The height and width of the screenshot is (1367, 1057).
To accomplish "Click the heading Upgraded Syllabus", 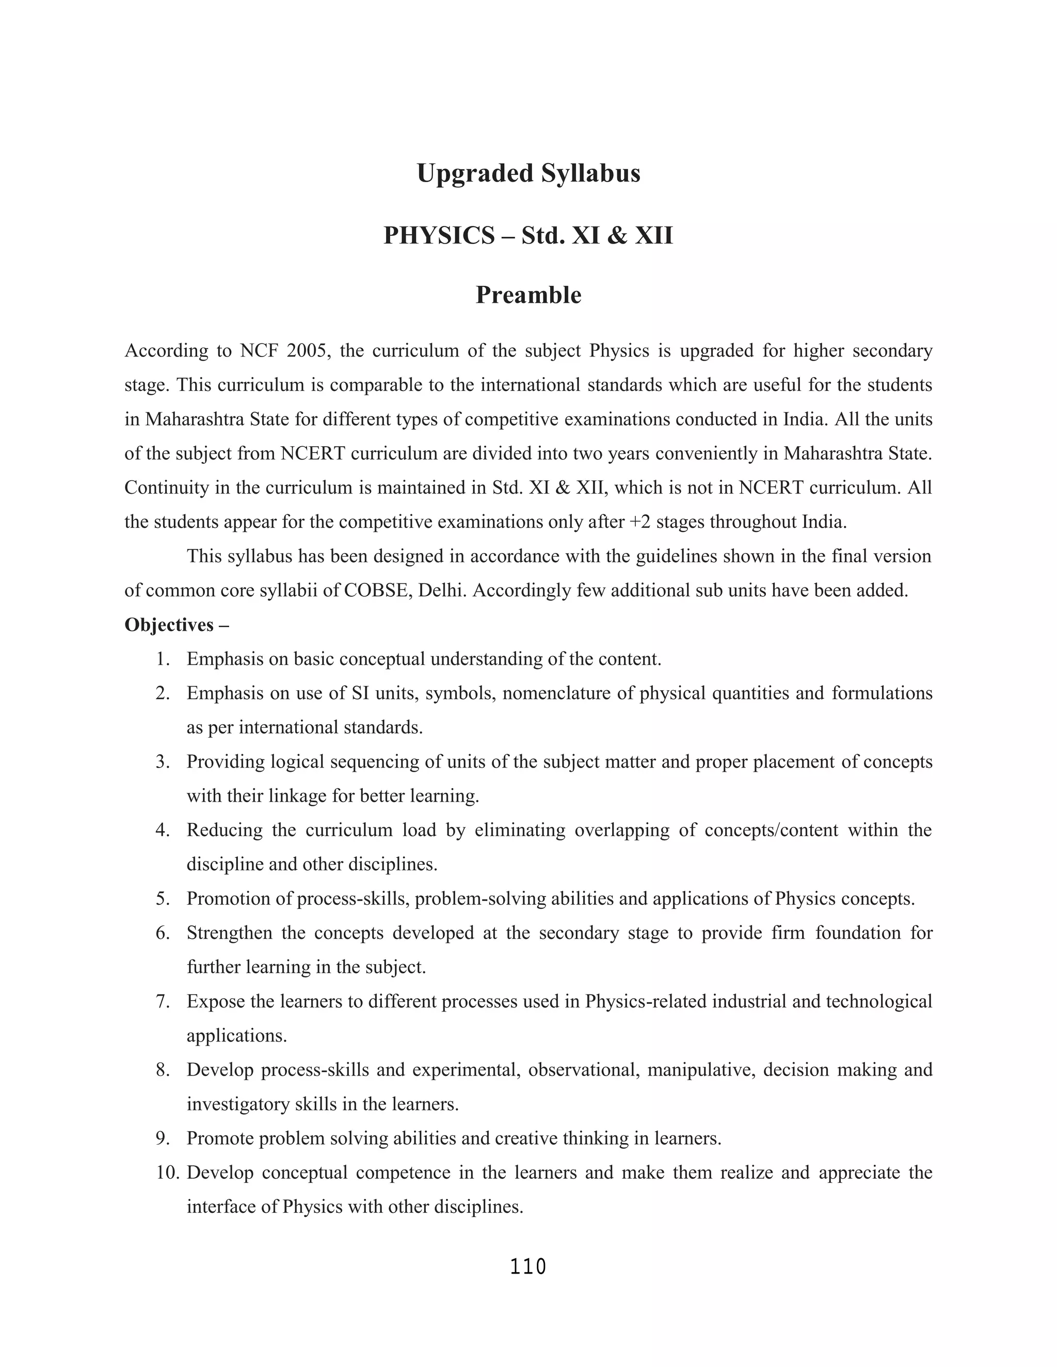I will [x=528, y=173].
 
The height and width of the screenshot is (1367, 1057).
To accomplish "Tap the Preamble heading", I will [x=528, y=295].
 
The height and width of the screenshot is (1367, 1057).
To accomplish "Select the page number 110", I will [x=528, y=1266].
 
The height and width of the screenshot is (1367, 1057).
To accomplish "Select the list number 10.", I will [x=168, y=1173].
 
